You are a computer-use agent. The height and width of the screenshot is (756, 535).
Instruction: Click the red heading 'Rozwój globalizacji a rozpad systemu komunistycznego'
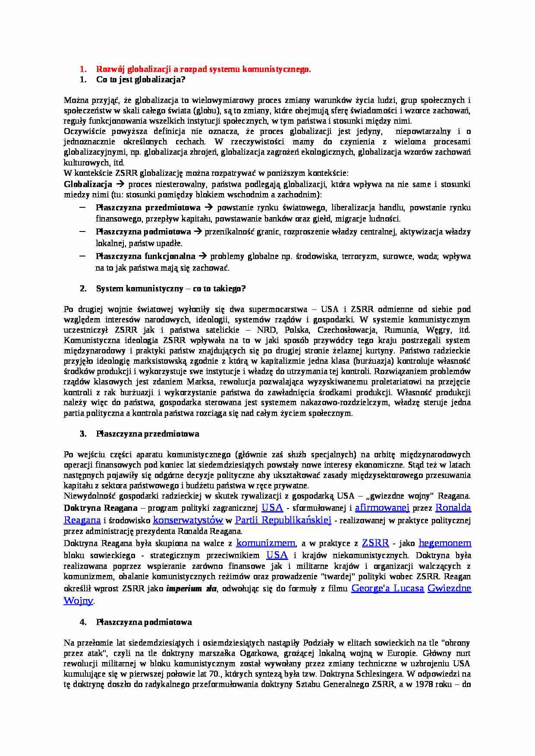click(203, 69)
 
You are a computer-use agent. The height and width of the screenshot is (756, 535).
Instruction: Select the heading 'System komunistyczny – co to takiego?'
click(171, 288)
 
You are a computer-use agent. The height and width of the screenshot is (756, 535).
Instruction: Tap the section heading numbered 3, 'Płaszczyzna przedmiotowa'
click(148, 434)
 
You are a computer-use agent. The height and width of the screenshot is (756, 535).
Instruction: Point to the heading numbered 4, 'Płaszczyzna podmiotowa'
click(144, 622)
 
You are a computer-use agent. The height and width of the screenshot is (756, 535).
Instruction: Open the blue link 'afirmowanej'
click(382, 508)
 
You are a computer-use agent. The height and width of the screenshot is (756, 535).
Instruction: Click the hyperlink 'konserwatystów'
click(188, 520)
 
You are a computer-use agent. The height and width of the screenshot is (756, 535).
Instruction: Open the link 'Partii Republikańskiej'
click(283, 520)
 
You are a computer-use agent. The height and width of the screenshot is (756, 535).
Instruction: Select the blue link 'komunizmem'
click(266, 543)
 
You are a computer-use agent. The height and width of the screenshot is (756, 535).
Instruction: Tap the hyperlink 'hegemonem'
click(445, 543)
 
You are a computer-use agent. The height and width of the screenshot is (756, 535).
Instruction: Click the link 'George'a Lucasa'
click(387, 588)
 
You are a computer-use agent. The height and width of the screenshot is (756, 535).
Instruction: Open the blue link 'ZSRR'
click(375, 543)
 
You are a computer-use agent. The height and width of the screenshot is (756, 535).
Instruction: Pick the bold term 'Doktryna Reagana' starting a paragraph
click(101, 508)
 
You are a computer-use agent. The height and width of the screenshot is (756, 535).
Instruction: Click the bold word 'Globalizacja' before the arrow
click(88, 184)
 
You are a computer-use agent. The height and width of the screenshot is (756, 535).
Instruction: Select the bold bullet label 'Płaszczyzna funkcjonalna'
click(145, 256)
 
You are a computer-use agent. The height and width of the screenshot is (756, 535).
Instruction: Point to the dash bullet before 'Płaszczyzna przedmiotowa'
click(82, 207)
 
